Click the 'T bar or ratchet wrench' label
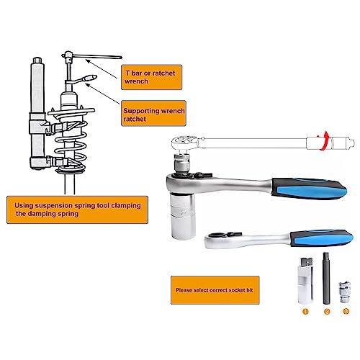coord(151,77)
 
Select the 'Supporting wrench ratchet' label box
coord(153,113)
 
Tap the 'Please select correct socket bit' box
coord(215,290)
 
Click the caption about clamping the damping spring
coord(77,210)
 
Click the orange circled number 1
coord(305,312)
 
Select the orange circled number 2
coord(327,312)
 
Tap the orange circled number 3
coord(346,312)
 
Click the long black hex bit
coord(325,279)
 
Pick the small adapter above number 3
coord(345,292)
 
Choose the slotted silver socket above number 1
coord(305,281)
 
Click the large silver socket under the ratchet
coord(183,216)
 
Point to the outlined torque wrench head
coord(185,143)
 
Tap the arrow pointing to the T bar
coord(102,69)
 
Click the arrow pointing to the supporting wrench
coord(102,94)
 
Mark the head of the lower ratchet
coord(217,239)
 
